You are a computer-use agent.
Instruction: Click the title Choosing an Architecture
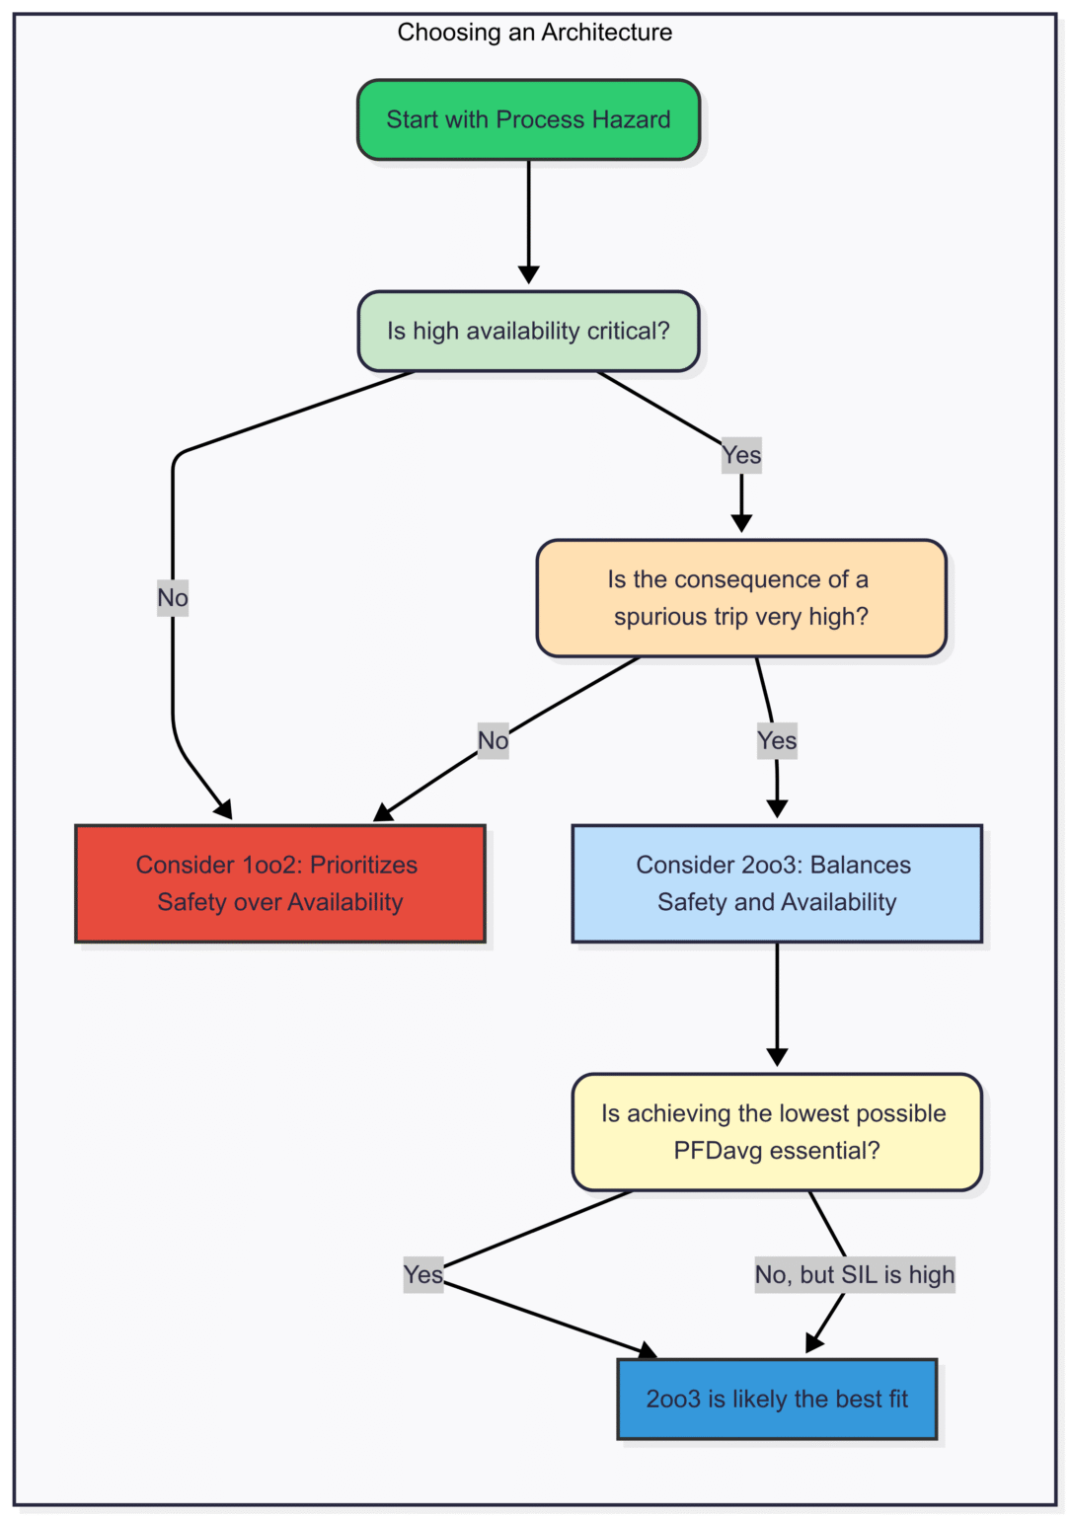[534, 33]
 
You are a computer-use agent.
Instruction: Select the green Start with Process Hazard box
[528, 119]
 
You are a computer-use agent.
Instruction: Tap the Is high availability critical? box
[528, 332]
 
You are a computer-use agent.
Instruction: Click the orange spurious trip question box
[740, 598]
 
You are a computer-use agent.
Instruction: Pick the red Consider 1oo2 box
[279, 883]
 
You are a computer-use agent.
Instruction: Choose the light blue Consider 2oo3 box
[777, 883]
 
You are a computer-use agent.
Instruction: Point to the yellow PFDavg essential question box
[777, 1132]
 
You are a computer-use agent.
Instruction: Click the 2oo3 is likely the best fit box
[777, 1399]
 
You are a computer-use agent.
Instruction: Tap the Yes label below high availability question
[741, 455]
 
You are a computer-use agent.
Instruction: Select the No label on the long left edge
[173, 597]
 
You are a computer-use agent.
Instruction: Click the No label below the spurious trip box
[493, 740]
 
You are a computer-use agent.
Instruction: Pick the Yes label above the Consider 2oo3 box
[777, 740]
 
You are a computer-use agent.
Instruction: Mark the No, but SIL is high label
[855, 1274]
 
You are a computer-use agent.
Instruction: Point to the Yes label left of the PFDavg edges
[422, 1274]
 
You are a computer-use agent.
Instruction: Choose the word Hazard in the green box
[632, 119]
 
